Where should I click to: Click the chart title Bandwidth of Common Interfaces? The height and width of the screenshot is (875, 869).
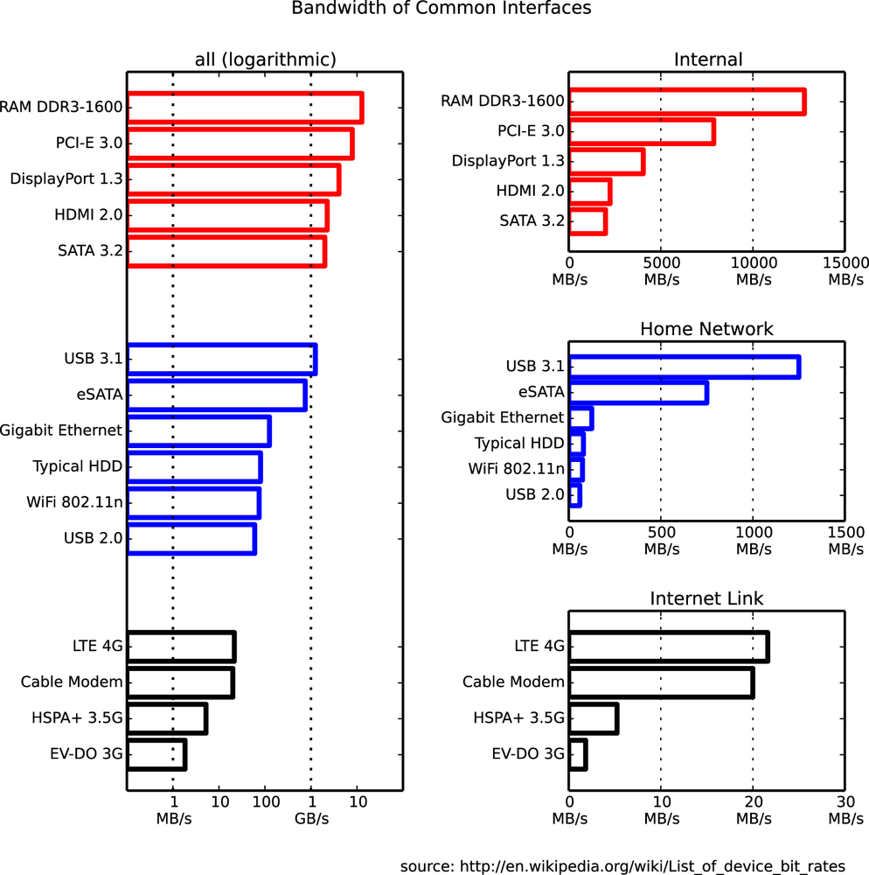point(441,9)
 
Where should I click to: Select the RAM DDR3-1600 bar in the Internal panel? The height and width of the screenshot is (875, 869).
point(686,101)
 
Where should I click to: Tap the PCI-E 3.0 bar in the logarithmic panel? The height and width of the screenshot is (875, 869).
point(240,143)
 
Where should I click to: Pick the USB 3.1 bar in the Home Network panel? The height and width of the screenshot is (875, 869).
point(684,367)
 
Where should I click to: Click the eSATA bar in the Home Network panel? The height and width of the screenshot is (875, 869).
point(637,393)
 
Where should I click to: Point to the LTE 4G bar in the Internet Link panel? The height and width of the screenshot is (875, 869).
point(668,647)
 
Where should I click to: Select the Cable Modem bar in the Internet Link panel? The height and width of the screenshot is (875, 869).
point(660,682)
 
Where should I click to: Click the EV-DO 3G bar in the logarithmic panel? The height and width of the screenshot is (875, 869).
point(156,753)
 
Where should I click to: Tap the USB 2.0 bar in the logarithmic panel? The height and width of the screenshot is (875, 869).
point(191,539)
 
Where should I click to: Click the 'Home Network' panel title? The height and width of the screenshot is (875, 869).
point(706,329)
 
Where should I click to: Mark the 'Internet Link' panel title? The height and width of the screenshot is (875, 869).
point(706,598)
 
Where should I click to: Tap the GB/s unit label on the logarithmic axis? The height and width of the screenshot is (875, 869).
point(311,819)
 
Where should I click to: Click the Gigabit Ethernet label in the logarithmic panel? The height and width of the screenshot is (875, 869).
point(61,430)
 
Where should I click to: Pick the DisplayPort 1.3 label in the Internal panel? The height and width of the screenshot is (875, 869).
point(508,161)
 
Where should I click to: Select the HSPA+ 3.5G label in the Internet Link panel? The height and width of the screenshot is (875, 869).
point(519,718)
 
